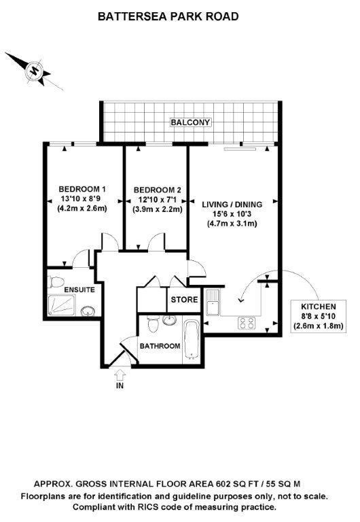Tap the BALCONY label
click(x=191, y=122)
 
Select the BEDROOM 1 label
click(x=82, y=189)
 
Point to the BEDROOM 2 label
click(x=158, y=190)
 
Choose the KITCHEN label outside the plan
click(x=319, y=307)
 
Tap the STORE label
click(x=183, y=298)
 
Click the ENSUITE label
click(x=79, y=290)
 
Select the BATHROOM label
click(x=160, y=346)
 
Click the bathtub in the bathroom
click(x=192, y=341)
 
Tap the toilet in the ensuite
click(x=58, y=282)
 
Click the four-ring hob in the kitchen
click(x=247, y=324)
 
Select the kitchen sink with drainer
click(x=212, y=302)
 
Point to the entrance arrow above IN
click(x=121, y=373)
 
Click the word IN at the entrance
click(x=121, y=388)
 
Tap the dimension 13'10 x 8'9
click(x=82, y=199)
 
